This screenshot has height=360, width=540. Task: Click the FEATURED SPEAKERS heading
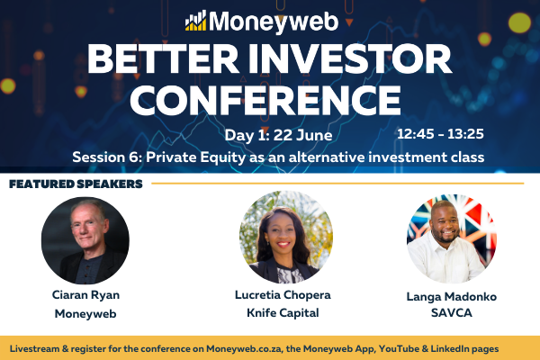click(76, 184)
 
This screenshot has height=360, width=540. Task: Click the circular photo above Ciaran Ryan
click(85, 240)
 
